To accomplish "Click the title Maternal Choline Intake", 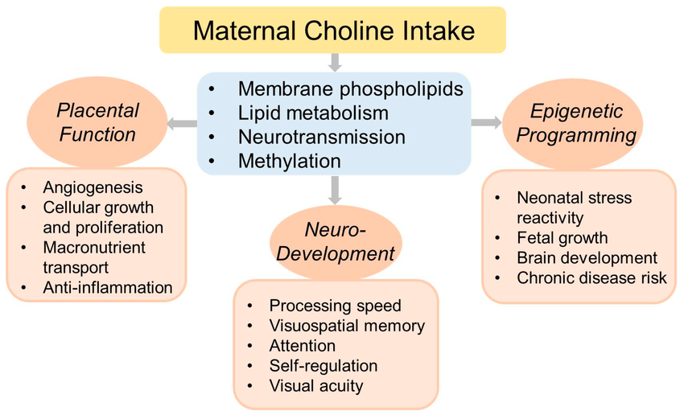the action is point(334,31).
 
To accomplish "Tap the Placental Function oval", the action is point(97,122).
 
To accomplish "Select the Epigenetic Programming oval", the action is point(573,123).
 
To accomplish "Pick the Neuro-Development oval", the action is point(335,242).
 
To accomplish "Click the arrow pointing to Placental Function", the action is point(182,123).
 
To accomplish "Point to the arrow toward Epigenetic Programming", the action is point(486,122).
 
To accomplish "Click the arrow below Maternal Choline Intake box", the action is point(335,63).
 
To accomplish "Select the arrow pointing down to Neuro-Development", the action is point(335,190).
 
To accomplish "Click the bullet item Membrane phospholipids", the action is point(350,89).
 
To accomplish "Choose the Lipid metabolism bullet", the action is point(313,113).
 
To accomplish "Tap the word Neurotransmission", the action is point(322,137).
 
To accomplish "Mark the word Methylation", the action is point(289,162).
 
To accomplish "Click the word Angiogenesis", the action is point(93,187).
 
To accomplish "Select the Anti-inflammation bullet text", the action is point(107,288).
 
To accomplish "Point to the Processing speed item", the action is point(335,306).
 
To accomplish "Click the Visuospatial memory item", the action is point(347,326).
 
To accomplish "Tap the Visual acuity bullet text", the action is point(315,386).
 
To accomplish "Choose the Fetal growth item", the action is point(562,238).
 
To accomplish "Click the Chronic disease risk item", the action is point(591,278).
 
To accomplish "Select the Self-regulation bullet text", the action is point(323,366).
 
